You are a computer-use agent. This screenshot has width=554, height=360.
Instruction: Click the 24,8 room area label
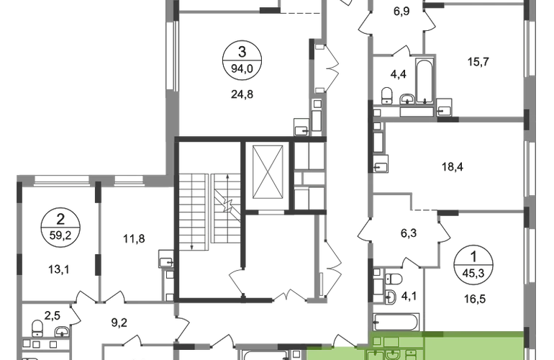pyautogui.click(x=242, y=94)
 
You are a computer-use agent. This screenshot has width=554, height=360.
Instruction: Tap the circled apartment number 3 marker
pyautogui.click(x=242, y=59)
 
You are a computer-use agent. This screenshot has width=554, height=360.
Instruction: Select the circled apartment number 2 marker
pyautogui.click(x=60, y=227)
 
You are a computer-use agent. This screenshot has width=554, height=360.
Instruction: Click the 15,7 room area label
pyautogui.click(x=478, y=62)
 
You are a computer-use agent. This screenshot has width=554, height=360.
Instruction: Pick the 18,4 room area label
pyautogui.click(x=453, y=166)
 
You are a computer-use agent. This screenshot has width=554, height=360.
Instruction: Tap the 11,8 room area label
pyautogui.click(x=134, y=239)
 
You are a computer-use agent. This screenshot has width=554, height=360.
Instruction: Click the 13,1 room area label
pyautogui.click(x=59, y=270)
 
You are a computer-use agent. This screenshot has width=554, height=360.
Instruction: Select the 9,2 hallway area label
pyautogui.click(x=119, y=323)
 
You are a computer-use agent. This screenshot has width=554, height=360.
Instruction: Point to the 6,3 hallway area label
pyautogui.click(x=409, y=233)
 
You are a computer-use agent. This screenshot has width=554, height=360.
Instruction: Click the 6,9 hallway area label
pyautogui.click(x=401, y=12)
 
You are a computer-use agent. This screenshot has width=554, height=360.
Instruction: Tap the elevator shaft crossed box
pyautogui.click(x=268, y=171)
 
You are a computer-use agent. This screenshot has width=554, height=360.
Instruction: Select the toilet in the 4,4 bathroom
pyautogui.click(x=387, y=96)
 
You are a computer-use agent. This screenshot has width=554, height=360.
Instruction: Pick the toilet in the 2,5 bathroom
pyautogui.click(x=37, y=328)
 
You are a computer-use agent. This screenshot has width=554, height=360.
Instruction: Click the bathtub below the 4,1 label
pyautogui.click(x=396, y=322)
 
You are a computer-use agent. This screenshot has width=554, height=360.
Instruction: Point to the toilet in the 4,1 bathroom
pyautogui.click(x=394, y=279)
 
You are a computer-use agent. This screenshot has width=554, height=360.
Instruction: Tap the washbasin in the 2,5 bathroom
pyautogui.click(x=62, y=332)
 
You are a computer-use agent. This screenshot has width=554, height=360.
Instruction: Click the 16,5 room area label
pyautogui.click(x=475, y=300)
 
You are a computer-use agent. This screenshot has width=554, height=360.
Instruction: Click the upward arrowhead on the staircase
pyautogui.click(x=228, y=176)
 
